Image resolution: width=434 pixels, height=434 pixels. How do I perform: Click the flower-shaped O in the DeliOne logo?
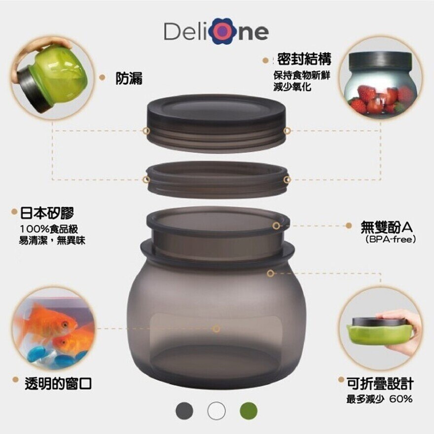coord(224,31)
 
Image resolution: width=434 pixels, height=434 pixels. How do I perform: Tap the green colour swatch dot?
coord(248,411)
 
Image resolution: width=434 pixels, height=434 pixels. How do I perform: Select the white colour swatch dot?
coord(217,411)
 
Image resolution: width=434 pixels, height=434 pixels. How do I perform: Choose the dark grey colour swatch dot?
coord(184,411)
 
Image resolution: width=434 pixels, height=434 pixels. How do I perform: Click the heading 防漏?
coord(129,78)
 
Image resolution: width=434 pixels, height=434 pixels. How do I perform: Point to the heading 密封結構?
coord(304,59)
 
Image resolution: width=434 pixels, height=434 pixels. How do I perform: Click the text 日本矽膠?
coord(47,213)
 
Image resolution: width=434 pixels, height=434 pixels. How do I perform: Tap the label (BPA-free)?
coord(391,239)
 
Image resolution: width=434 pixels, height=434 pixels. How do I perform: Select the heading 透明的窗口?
coord(58,384)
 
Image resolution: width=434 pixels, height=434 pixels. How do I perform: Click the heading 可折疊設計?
coord(380,384)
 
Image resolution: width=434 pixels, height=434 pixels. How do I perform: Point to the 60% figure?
coord(401,399)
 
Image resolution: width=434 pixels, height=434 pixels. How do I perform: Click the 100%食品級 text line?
coord(49,229)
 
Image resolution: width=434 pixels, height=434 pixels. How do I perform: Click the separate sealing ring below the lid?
coord(217,179)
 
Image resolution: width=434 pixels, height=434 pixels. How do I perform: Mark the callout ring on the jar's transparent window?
coord(217,329)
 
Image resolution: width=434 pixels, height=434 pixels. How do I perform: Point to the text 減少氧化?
coord(292,87)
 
